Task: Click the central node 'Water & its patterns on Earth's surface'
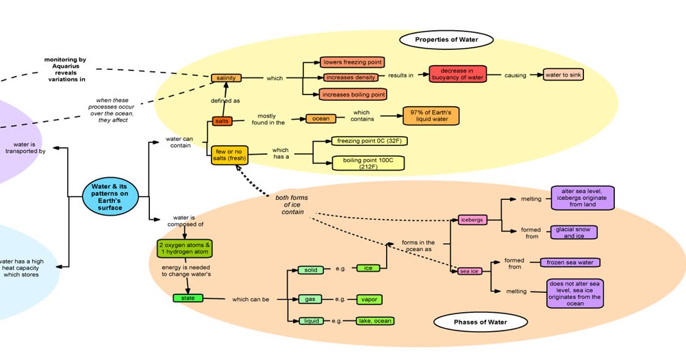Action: (110, 196)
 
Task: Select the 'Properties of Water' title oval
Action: (446, 40)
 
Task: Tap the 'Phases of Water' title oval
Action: (481, 322)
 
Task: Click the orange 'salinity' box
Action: (226, 78)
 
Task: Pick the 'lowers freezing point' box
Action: (353, 62)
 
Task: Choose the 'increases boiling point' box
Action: (353, 94)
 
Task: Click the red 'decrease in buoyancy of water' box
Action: (457, 74)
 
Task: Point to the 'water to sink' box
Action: (563, 75)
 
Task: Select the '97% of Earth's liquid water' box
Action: (431, 116)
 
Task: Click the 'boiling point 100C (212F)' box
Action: (368, 163)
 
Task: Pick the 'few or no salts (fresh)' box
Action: (229, 155)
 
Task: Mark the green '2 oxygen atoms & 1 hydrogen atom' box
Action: (184, 248)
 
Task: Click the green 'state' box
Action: (188, 298)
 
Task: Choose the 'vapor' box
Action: (369, 300)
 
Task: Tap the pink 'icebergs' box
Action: (472, 220)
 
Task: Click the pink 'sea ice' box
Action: (470, 271)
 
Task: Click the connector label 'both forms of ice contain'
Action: (292, 205)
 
